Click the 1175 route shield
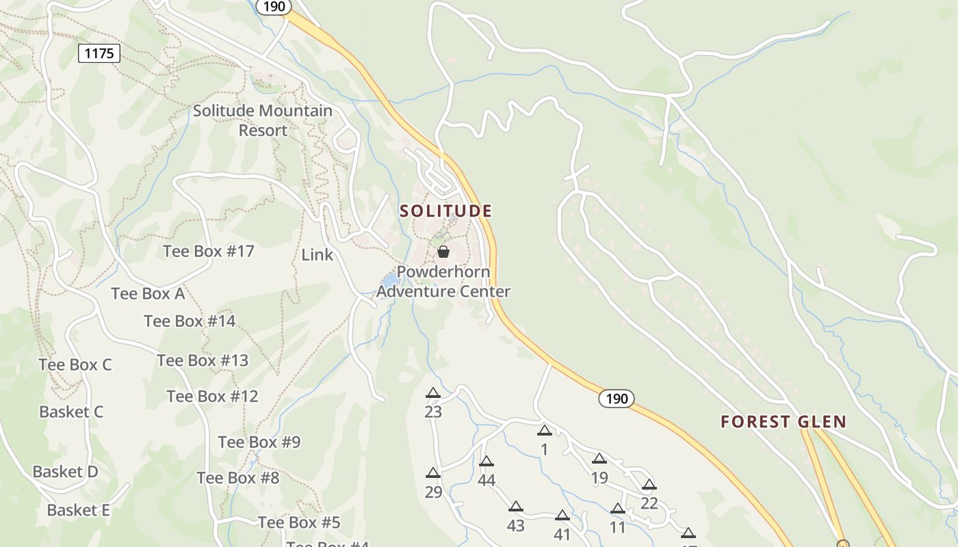[x=99, y=53]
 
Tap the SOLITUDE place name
[x=445, y=211]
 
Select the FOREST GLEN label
[x=784, y=422]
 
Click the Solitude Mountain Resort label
[x=263, y=120]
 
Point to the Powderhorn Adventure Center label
[x=443, y=282]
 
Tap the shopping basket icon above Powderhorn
[x=443, y=252]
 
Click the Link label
[x=318, y=255]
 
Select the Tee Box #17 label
[x=209, y=251]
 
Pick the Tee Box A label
[x=148, y=293]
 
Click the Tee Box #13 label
[x=203, y=360]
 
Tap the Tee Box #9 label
[x=259, y=442]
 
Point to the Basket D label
[x=66, y=472]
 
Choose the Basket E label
[x=78, y=510]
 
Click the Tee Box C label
[x=75, y=364]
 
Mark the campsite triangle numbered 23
[x=432, y=393]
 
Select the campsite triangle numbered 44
[x=487, y=462]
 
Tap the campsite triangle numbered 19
[x=599, y=459]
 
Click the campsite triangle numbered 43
[x=516, y=507]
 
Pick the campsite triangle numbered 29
[x=432, y=473]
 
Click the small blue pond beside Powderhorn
[x=389, y=280]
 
